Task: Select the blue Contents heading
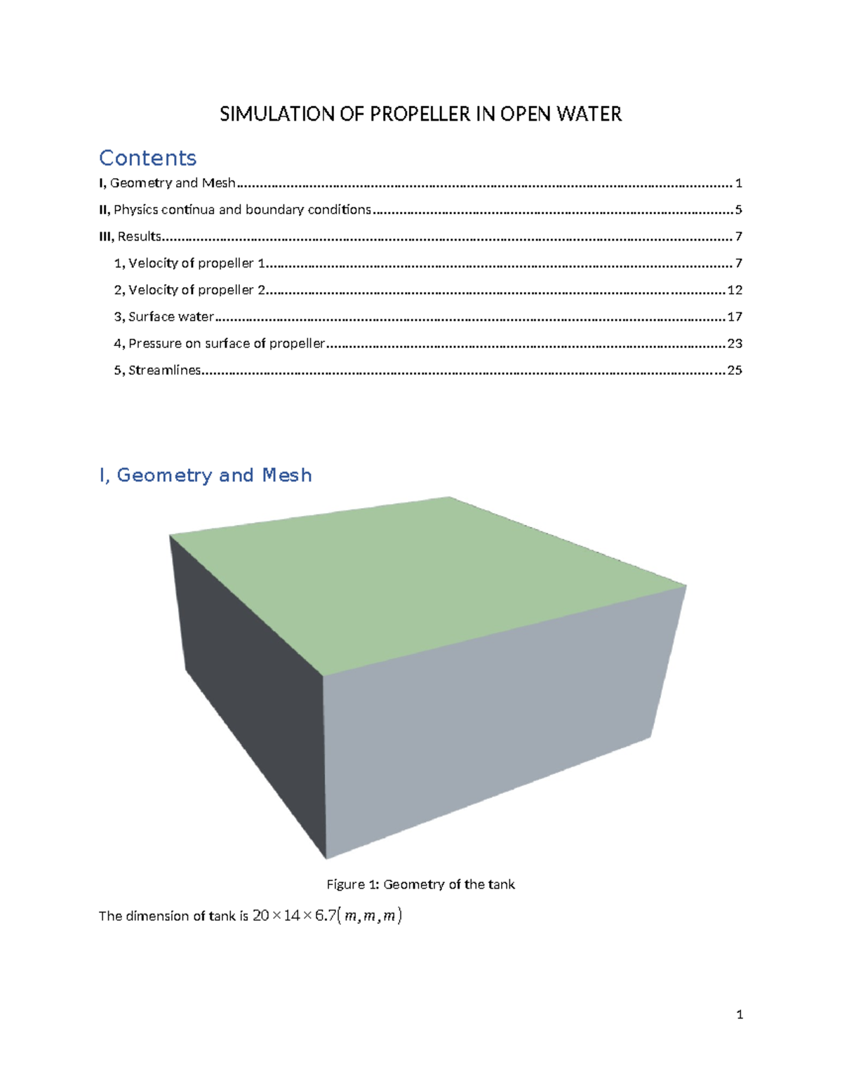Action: click(x=147, y=158)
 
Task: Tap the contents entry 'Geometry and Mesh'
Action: click(x=172, y=183)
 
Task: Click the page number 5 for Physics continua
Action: click(x=738, y=210)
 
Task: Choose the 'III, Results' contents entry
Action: click(x=131, y=237)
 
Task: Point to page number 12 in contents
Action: click(x=734, y=290)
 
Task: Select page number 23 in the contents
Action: click(x=734, y=343)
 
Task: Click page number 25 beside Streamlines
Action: click(x=734, y=370)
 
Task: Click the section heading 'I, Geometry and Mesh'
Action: click(x=205, y=475)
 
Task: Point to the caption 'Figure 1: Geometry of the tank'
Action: click(x=420, y=884)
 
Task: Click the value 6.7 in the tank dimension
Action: click(x=326, y=915)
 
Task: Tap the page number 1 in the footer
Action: click(x=740, y=1014)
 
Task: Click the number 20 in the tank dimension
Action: click(x=260, y=915)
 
